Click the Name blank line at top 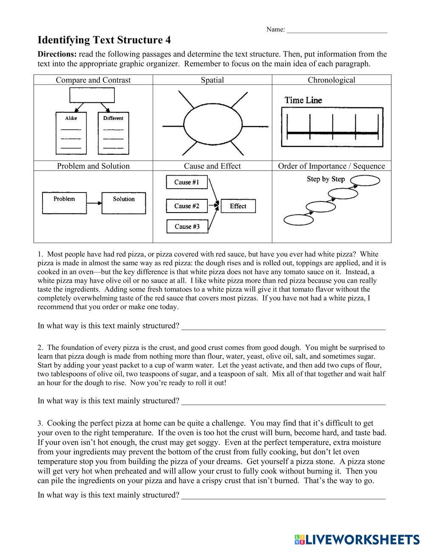337,31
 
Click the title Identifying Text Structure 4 104,40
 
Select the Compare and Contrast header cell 93,80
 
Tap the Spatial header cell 212,80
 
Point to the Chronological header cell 331,80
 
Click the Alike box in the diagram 71,133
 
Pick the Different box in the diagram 113,133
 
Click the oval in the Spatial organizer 212,126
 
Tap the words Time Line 303,100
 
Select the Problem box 65,203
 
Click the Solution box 124,203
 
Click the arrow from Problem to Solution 94,203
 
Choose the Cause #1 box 187,182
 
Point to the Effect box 238,206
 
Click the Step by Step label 326,179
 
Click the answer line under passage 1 283,327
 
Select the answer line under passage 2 283,402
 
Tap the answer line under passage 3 283,496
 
